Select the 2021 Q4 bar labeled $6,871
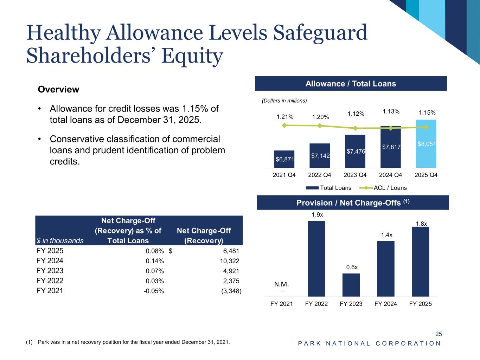coord(284,159)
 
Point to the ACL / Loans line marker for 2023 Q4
coord(355,128)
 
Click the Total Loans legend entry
coord(328,188)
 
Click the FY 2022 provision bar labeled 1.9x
coord(316,258)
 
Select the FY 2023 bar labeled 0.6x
coord(351,285)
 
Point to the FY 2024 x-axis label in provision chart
coord(386,304)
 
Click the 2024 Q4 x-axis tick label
coord(391,175)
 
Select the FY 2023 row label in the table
coord(50,271)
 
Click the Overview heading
coord(58,89)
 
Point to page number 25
coord(439,334)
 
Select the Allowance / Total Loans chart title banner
coord(351,84)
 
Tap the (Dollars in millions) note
coord(284,101)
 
